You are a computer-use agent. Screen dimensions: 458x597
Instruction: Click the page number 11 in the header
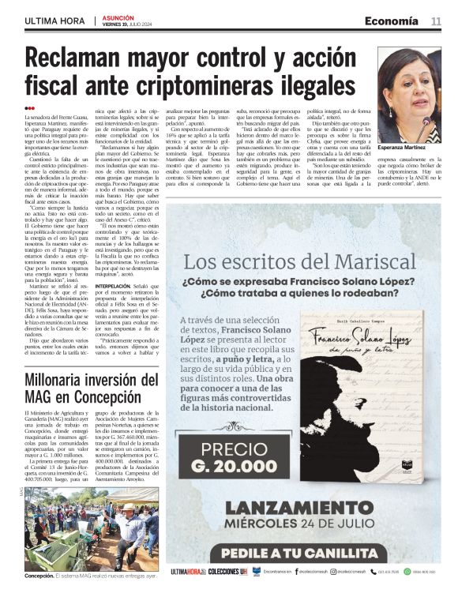point(436,21)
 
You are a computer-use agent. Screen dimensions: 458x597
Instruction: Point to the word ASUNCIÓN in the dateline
point(118,17)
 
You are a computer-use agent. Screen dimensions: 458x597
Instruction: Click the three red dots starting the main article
point(29,108)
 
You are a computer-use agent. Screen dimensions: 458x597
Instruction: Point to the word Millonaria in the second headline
point(54,382)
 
